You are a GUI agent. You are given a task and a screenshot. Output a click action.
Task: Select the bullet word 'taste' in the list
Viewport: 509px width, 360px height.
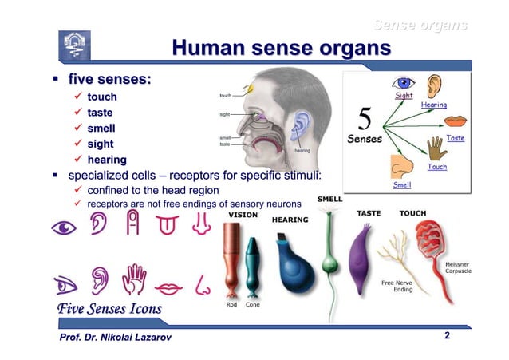coord(100,113)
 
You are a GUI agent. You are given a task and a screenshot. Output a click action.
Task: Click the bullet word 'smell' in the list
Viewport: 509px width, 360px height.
coord(101,128)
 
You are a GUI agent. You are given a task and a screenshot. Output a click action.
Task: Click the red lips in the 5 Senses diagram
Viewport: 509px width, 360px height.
coord(456,121)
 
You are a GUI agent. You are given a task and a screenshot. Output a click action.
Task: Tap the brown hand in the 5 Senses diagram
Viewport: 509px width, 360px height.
coord(436,148)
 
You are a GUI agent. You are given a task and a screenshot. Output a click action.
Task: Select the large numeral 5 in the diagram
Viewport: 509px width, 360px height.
coord(365,121)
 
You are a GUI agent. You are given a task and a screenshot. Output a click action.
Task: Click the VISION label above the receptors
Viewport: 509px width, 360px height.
coord(243,214)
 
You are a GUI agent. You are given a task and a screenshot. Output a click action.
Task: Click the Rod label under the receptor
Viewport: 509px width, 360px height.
coord(231,304)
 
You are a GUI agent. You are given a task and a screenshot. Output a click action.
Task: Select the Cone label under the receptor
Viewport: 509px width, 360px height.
coord(253,304)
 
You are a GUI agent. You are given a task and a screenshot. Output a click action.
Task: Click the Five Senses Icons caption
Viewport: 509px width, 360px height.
coord(109,308)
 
